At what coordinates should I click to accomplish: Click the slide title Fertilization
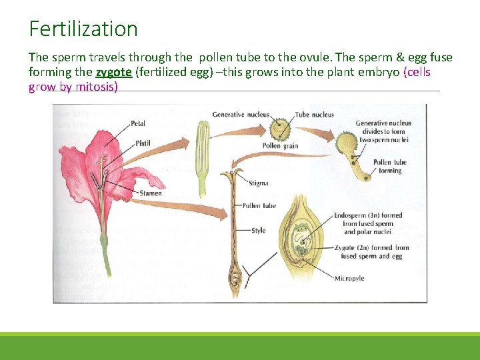(x=83, y=29)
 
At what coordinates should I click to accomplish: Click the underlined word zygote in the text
(x=113, y=72)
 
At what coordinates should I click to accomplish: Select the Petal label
(x=138, y=123)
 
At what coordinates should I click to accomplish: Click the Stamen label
(x=150, y=193)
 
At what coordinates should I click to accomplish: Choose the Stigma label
(x=258, y=182)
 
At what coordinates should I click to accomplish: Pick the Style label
(x=258, y=231)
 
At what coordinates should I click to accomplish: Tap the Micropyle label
(x=349, y=278)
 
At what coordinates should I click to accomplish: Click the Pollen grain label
(x=280, y=146)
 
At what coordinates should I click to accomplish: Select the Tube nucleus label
(x=314, y=115)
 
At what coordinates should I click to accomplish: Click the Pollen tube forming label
(x=390, y=166)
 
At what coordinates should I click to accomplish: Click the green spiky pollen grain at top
(x=281, y=128)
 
